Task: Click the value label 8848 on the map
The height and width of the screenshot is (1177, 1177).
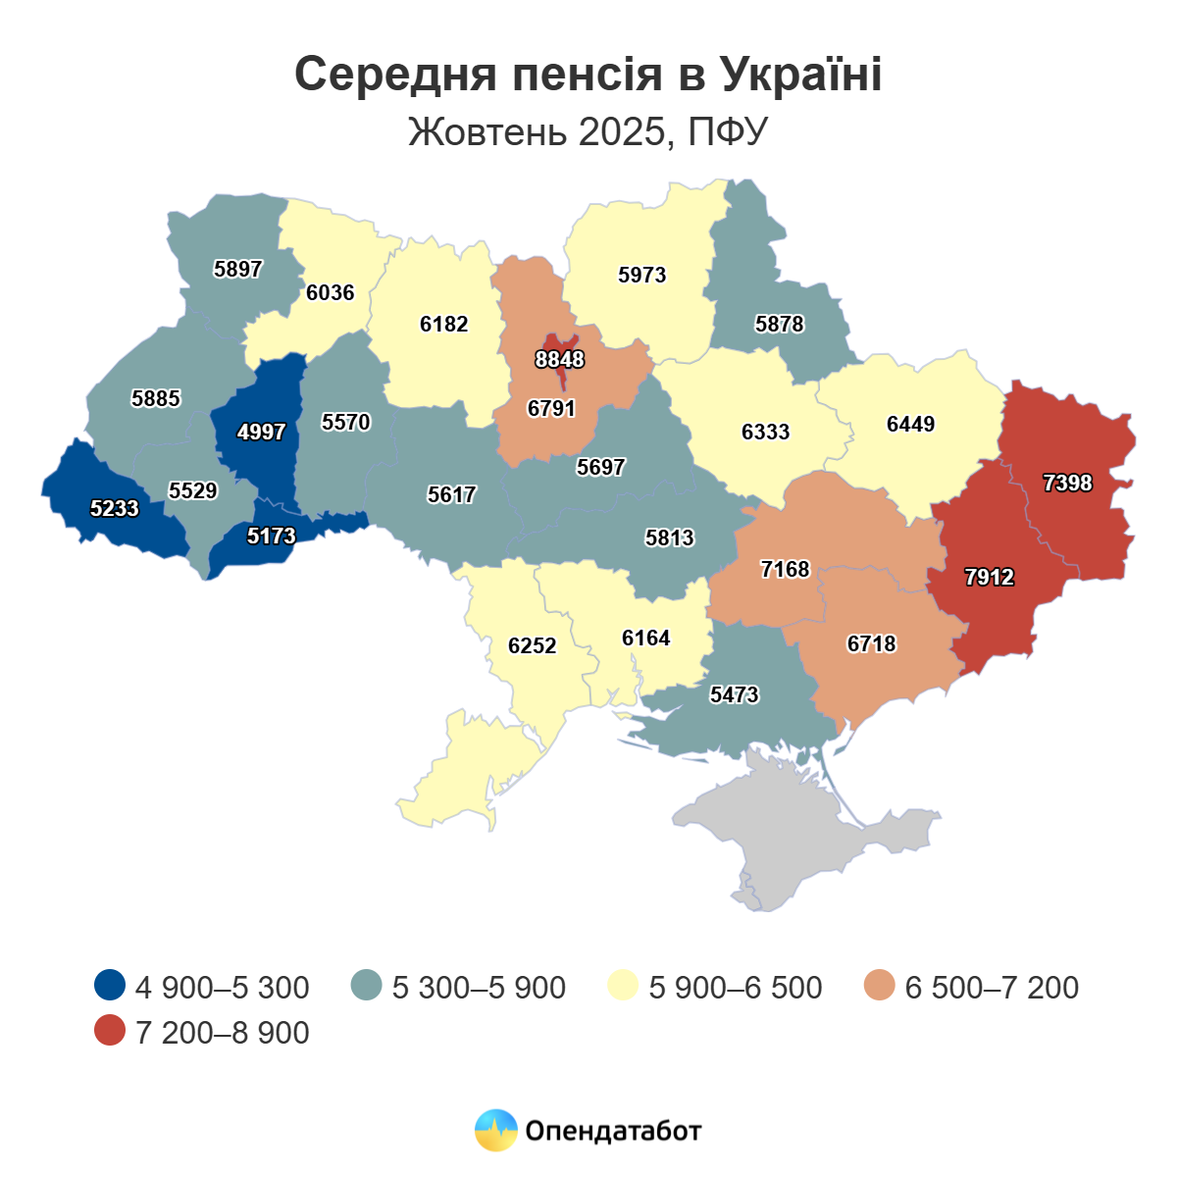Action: coord(559,360)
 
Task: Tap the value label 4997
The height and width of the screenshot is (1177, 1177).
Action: coord(262,432)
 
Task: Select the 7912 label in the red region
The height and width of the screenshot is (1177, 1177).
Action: coord(989,578)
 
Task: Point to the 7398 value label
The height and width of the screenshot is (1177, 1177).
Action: coord(1067,484)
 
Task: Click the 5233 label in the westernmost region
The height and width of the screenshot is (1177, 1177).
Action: coord(115,509)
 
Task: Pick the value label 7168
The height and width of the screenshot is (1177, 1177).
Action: coord(785,570)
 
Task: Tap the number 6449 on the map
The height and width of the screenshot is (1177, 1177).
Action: coord(910,425)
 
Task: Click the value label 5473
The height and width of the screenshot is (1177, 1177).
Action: coord(734,695)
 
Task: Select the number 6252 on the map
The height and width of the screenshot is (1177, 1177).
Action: coord(532,646)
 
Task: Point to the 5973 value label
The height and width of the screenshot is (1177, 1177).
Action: coord(642,276)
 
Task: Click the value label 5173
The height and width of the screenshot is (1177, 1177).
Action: coord(272,537)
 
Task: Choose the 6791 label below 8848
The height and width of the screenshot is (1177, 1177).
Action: coord(551,409)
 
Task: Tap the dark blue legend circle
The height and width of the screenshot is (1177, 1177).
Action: coord(110,986)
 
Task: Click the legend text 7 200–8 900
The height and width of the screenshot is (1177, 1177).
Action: coord(223,1033)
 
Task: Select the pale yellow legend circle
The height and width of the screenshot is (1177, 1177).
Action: coord(623,986)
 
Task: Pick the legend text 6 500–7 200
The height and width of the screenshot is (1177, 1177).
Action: coord(992,988)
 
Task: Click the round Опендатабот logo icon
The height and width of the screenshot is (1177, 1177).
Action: coord(495,1130)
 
